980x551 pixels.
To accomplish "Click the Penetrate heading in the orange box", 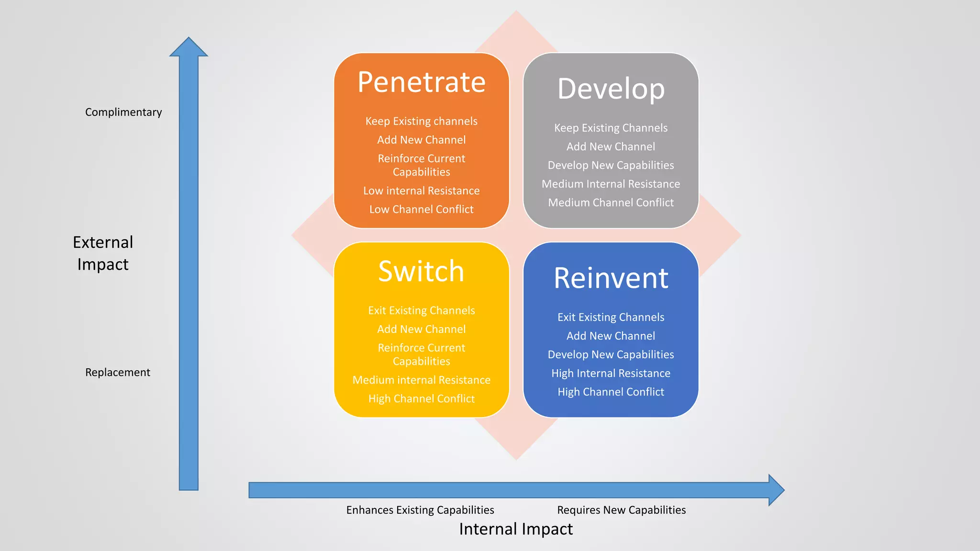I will (421, 82).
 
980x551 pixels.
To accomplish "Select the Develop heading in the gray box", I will (611, 89).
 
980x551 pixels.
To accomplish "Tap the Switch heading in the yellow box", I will (421, 271).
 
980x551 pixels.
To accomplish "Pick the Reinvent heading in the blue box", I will (611, 278).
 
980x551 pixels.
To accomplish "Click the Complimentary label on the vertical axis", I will (123, 112).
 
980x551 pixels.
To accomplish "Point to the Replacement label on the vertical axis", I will (118, 372).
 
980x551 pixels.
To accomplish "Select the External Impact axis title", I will (103, 253).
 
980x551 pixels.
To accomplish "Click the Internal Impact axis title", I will (516, 529).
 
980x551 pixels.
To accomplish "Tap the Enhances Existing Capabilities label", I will (420, 510).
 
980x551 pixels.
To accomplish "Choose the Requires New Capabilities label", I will (621, 510).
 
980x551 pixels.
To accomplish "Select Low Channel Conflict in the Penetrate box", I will (421, 209).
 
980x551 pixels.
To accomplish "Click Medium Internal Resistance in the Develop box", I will (611, 184).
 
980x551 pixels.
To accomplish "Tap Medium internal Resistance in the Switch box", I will (421, 380).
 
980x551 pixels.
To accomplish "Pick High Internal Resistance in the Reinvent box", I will (611, 373).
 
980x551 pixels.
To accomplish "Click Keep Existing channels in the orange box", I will (421, 121).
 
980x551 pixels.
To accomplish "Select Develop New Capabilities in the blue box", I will (611, 354).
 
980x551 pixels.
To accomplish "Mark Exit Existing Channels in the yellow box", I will (421, 310).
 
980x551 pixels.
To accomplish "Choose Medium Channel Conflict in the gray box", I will (611, 202).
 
